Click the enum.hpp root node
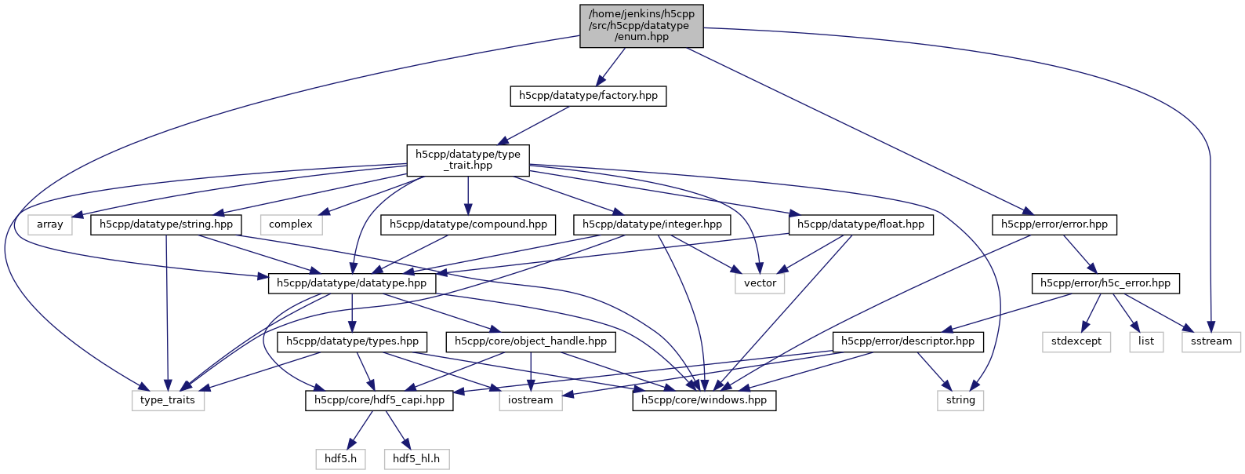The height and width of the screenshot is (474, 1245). point(641,26)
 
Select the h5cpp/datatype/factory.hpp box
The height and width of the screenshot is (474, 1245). point(588,96)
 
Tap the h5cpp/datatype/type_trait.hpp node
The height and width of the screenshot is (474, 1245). point(468,160)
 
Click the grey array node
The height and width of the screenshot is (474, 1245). point(50,224)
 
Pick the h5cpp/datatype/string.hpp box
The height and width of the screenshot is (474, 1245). point(166,224)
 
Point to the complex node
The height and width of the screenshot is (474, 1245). point(291,224)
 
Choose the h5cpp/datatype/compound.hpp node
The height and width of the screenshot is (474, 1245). point(468,224)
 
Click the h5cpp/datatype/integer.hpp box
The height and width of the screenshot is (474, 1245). point(652,224)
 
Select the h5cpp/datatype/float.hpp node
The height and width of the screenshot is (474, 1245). point(860,224)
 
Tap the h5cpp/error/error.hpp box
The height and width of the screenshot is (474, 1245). point(1054,224)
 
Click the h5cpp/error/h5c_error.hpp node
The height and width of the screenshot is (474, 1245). point(1105,283)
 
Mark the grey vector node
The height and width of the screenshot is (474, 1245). point(760,283)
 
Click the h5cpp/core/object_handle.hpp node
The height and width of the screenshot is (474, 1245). point(531,341)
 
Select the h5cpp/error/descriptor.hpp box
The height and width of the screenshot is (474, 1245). point(907,341)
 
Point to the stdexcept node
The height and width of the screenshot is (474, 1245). point(1076,341)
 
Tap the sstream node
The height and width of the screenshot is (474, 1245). point(1211,341)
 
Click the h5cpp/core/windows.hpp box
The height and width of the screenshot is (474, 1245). point(704,400)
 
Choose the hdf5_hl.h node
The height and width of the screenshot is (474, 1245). point(416,458)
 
